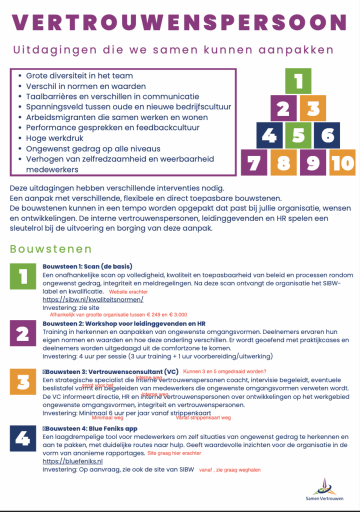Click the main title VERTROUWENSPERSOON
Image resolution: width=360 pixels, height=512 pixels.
179,22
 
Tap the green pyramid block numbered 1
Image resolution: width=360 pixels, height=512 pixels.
298,81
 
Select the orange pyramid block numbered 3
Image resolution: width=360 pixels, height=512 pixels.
313,108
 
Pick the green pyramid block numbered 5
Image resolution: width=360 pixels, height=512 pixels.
298,135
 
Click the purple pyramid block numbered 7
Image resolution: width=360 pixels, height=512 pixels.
254,162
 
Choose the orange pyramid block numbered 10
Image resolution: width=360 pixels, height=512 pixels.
342,162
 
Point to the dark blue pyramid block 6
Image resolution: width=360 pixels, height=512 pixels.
327,135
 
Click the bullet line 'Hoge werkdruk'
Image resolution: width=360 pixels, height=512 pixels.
54,138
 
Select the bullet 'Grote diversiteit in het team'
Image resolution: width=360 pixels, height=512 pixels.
79,75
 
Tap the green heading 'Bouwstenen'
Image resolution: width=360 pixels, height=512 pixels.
50,249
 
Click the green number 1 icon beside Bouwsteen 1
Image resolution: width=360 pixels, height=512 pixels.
23,276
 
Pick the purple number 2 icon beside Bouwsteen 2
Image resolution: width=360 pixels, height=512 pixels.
23,333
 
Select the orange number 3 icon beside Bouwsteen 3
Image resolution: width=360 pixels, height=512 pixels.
23,382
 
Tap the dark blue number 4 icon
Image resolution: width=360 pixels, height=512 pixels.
23,438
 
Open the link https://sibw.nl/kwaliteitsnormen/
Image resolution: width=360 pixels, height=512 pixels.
93,299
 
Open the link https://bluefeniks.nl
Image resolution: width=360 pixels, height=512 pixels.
72,461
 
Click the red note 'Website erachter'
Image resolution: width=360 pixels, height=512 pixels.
128,291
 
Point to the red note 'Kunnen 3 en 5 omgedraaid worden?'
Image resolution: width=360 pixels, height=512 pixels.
225,371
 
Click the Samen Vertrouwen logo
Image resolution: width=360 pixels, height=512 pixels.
324,489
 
